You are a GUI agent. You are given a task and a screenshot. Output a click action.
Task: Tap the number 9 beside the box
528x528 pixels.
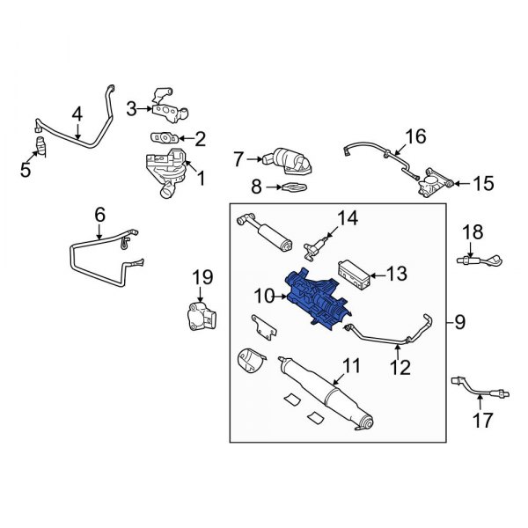point(460,322)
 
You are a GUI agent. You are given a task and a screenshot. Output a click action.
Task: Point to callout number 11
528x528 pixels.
point(352,365)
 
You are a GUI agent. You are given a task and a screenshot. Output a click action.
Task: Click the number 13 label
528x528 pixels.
point(398,275)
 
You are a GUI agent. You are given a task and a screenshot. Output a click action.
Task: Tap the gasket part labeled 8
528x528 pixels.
point(290,187)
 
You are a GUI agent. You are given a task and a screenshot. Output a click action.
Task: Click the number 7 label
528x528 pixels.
point(237,159)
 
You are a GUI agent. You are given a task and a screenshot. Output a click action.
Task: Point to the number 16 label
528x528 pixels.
point(415,136)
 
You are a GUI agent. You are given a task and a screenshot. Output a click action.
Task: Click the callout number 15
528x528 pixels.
point(483,184)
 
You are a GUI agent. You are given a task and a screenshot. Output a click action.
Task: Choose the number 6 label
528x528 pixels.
point(99,214)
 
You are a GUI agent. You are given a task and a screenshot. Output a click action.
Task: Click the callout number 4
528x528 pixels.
point(77,114)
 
